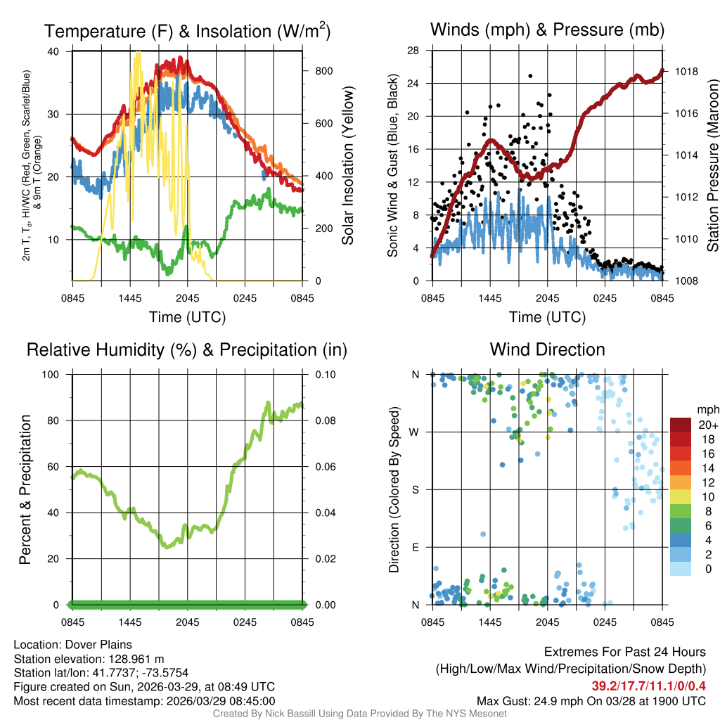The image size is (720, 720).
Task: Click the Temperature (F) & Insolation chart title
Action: (187, 31)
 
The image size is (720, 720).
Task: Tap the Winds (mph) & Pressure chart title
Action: (547, 30)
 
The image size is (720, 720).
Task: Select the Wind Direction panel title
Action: (547, 349)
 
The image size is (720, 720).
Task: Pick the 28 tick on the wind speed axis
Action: (413, 51)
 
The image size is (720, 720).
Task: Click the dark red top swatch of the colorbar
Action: (681, 425)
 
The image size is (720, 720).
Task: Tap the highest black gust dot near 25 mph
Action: (530, 76)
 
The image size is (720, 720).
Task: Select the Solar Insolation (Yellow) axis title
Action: (348, 166)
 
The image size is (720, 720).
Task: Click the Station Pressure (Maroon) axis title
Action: (712, 166)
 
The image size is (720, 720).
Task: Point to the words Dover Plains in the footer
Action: (96, 645)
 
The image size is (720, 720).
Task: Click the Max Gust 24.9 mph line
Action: (591, 700)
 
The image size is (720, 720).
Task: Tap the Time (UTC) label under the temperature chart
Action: (187, 317)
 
